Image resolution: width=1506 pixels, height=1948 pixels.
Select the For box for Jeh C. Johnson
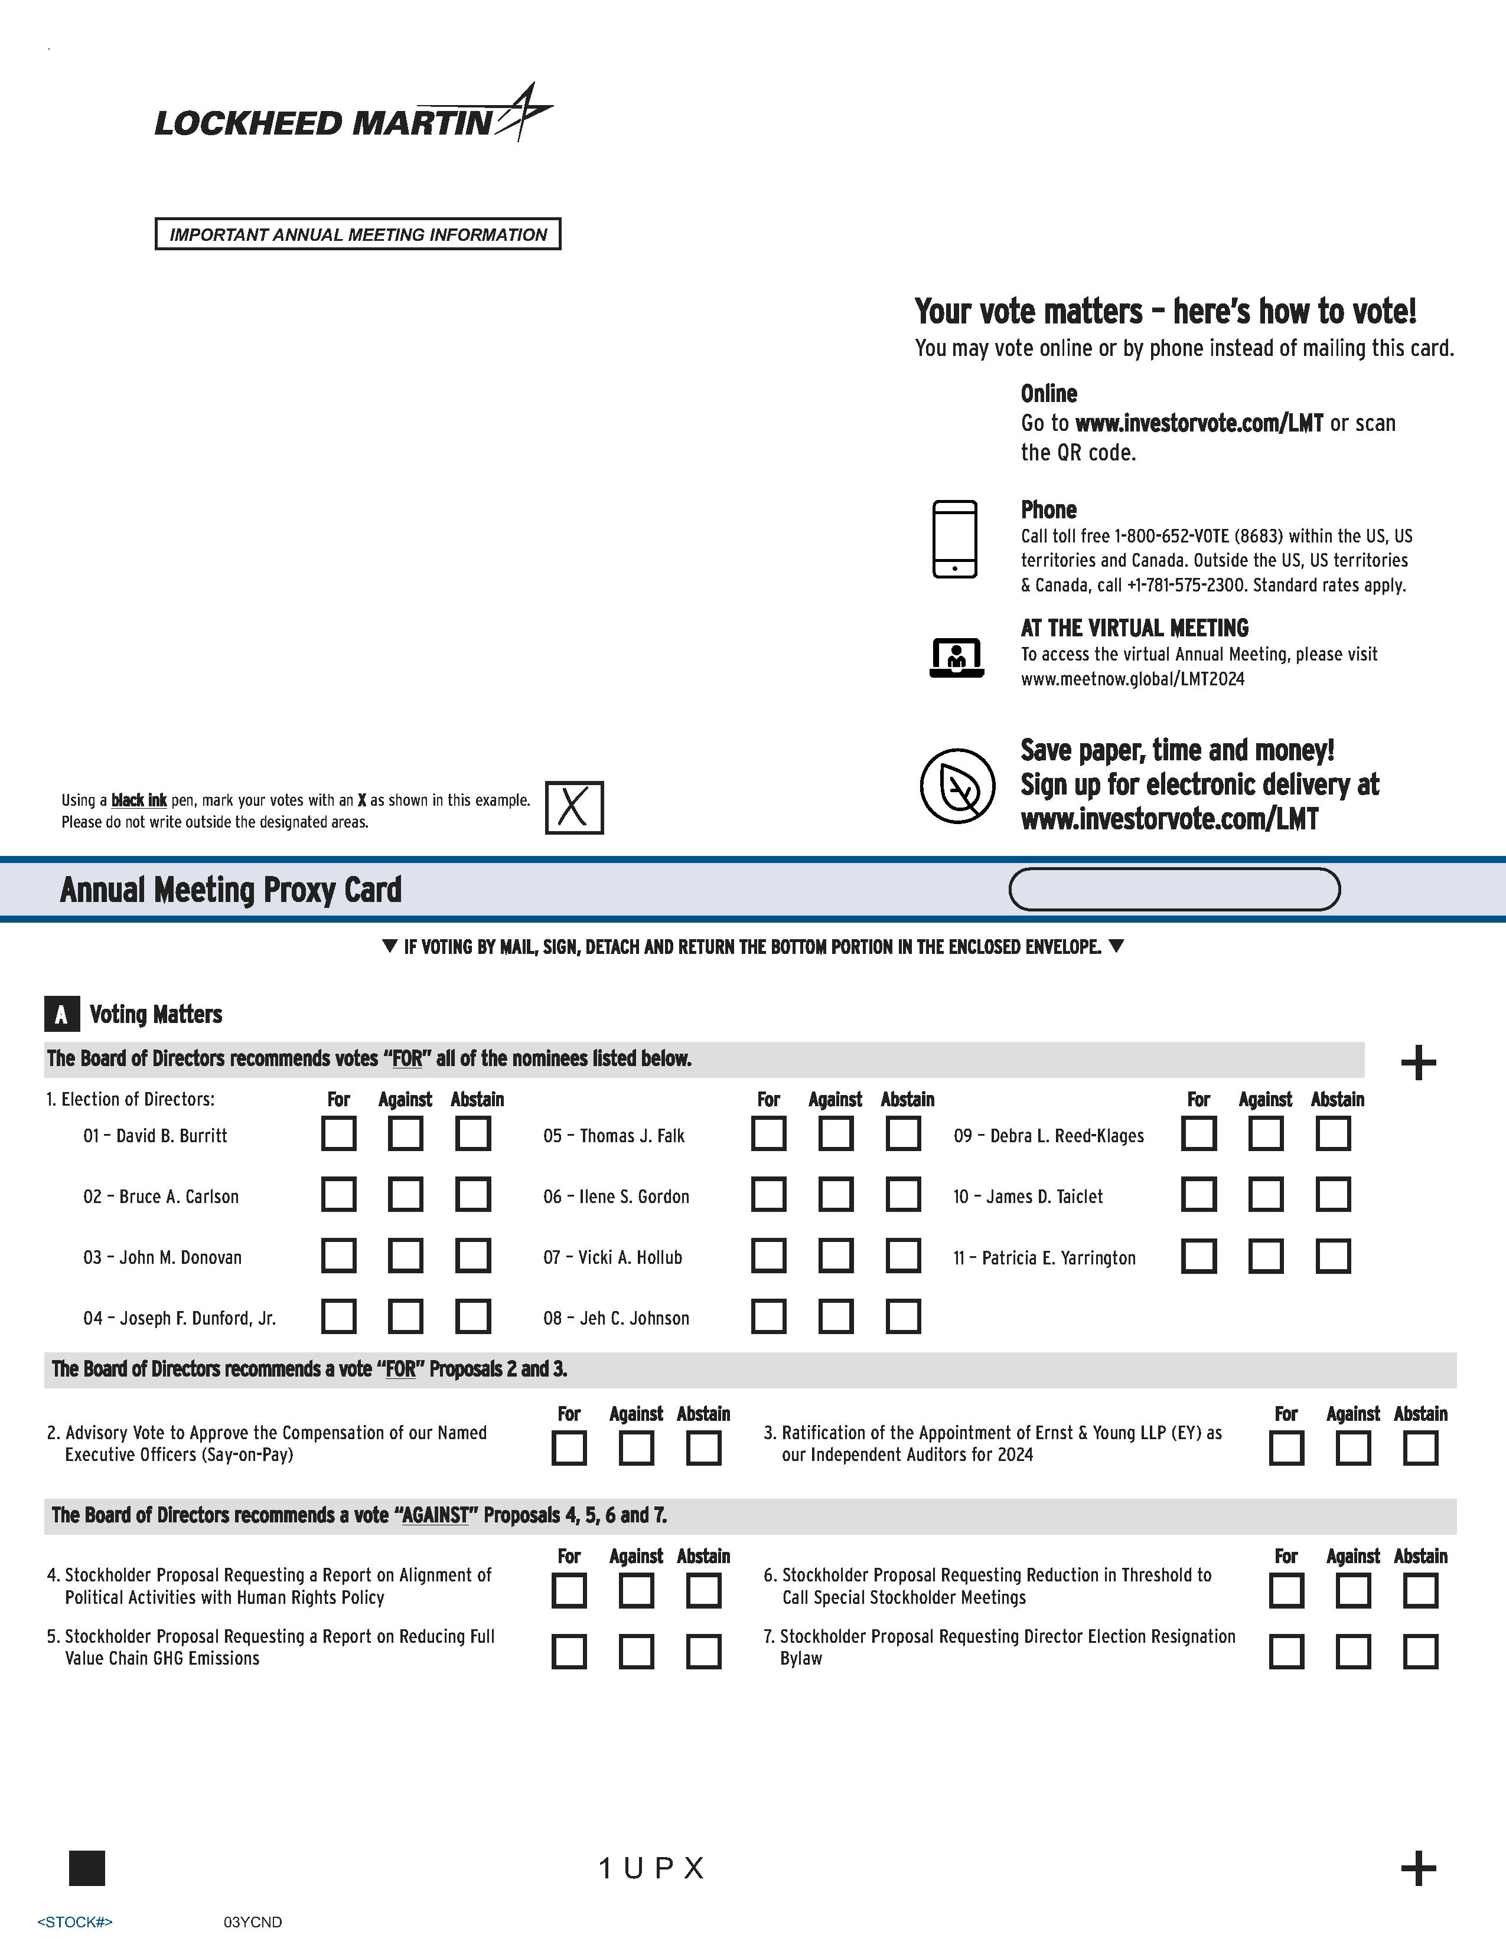pyautogui.click(x=768, y=1316)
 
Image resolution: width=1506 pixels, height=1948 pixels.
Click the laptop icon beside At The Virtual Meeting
pyautogui.click(x=956, y=658)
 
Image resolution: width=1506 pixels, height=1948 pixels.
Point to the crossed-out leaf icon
pyautogui.click(x=957, y=786)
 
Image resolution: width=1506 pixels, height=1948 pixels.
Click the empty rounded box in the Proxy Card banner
pyautogui.click(x=1174, y=889)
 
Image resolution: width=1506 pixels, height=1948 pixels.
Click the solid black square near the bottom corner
pyautogui.click(x=87, y=1868)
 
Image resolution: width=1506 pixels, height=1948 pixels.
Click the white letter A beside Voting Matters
pyautogui.click(x=61, y=1014)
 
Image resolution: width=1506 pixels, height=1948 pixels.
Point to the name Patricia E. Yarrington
pyautogui.click(x=1058, y=1257)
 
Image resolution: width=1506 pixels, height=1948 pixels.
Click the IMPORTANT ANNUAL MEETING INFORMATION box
pyautogui.click(x=358, y=234)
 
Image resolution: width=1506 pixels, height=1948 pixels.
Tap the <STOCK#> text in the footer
pyautogui.click(x=75, y=1922)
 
